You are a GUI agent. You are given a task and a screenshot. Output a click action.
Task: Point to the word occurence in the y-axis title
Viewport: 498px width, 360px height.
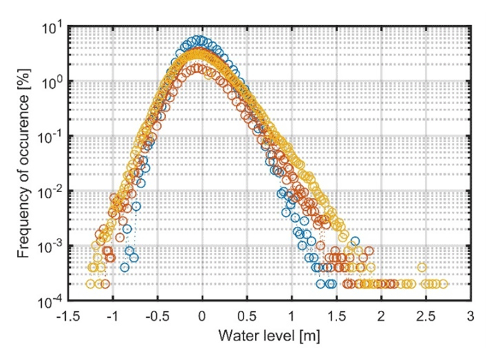pos(25,130)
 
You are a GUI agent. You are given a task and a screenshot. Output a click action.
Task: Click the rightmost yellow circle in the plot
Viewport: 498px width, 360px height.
pos(443,284)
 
